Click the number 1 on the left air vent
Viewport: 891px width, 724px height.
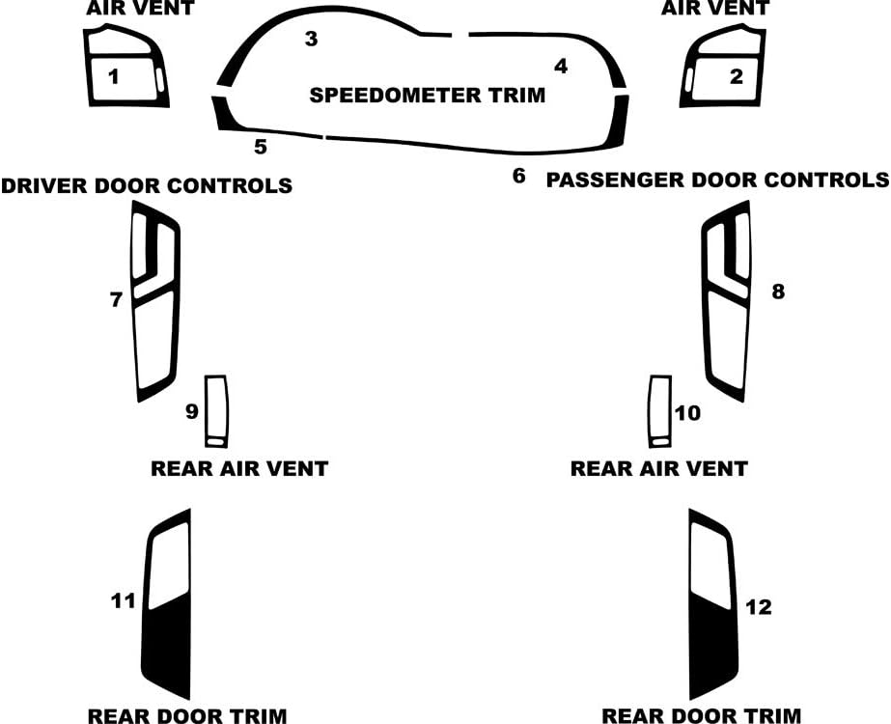(114, 76)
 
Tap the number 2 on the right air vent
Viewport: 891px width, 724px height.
(737, 76)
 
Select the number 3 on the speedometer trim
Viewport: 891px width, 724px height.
(311, 39)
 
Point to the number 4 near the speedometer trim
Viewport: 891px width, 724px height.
(561, 67)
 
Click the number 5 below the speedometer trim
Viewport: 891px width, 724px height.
(261, 147)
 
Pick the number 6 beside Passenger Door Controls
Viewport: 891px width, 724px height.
(518, 176)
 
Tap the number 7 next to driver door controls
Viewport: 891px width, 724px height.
(116, 299)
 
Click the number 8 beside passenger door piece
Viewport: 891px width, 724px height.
(778, 292)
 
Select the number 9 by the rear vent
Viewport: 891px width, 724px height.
(192, 411)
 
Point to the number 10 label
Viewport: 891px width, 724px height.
(687, 413)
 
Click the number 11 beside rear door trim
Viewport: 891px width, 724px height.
(124, 600)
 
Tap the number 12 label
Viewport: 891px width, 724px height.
(759, 607)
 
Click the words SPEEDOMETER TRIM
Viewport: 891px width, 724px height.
(428, 95)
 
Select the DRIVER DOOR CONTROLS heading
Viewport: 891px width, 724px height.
(147, 186)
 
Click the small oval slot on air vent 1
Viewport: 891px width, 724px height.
(159, 79)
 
